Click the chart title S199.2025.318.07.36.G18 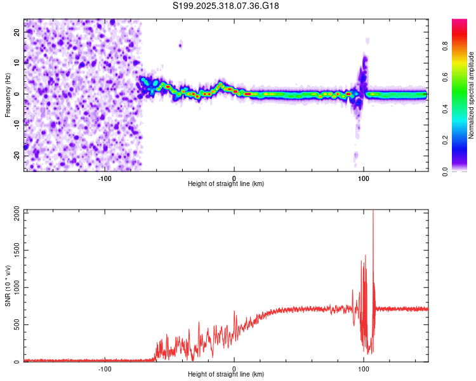[227, 6]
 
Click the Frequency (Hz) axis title [8, 94]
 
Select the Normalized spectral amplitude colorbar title [472, 95]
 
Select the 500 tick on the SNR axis [15, 325]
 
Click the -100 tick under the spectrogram [105, 177]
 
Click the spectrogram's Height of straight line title [226, 184]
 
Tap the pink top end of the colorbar [459, 22]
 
